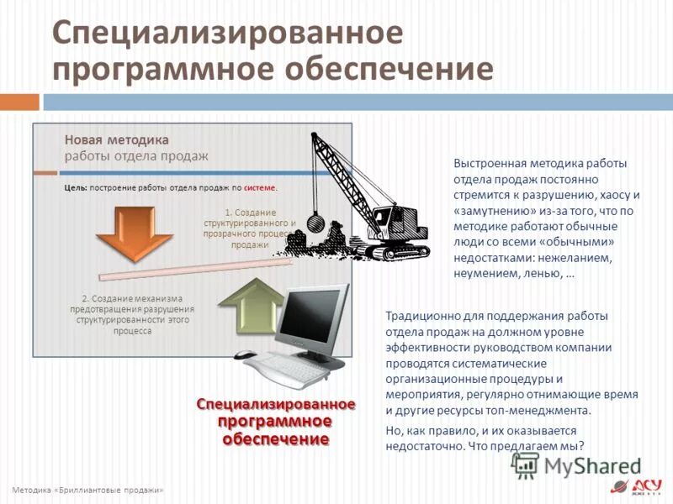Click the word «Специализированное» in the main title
pyautogui.click(x=227, y=34)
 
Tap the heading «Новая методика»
pyautogui.click(x=116, y=139)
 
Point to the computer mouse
pyautogui.click(x=246, y=356)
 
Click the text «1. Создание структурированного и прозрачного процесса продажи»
pyautogui.click(x=250, y=228)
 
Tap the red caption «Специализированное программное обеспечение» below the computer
pyautogui.click(x=276, y=421)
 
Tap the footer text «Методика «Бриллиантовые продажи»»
pyautogui.click(x=87, y=490)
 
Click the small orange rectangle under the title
pyautogui.click(x=19, y=102)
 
